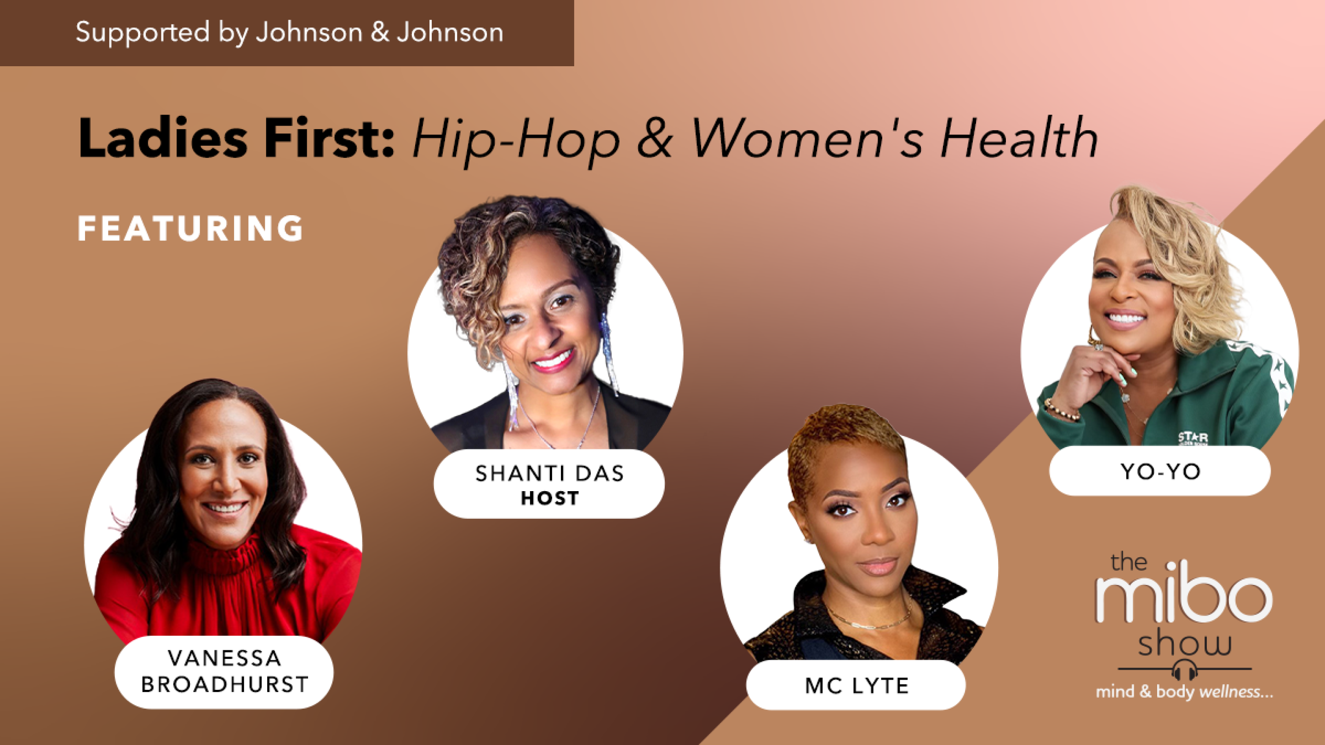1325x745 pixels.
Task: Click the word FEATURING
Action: tap(190, 229)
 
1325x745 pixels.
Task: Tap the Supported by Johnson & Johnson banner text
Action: tap(289, 32)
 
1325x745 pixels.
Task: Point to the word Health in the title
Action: tap(1018, 138)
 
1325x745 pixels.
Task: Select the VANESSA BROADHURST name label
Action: tap(224, 671)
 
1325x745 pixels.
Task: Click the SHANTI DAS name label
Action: tap(549, 473)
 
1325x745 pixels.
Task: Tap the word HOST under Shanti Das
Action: tap(549, 499)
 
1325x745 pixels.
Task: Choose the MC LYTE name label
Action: tap(857, 685)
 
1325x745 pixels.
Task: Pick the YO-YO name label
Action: tap(1160, 471)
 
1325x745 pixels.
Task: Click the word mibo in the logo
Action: tap(1183, 599)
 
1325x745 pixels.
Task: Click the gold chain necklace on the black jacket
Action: tap(869, 623)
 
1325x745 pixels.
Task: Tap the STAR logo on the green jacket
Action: tap(1192, 437)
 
